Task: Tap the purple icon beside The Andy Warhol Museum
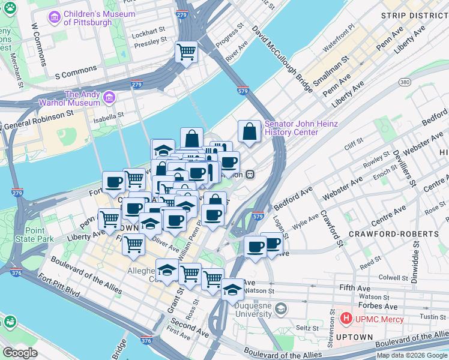click(x=109, y=97)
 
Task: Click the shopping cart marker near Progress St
click(x=187, y=52)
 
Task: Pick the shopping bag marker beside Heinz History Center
click(x=249, y=131)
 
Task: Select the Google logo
click(x=20, y=353)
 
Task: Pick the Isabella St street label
click(x=108, y=115)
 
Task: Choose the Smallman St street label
click(x=334, y=73)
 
